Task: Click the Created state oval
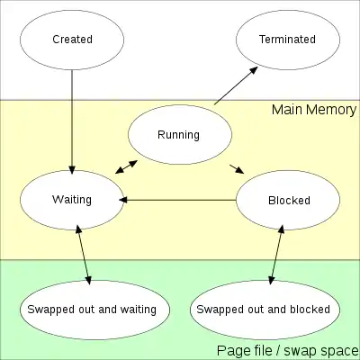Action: pos(72,40)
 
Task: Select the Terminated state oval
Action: pos(288,40)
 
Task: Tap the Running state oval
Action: pos(180,134)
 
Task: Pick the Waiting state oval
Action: pos(72,200)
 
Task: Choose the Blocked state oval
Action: pos(288,200)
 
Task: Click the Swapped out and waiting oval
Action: pos(94,310)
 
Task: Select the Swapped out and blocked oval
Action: pos(265,310)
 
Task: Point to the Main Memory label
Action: pos(314,110)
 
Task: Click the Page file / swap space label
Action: pos(288,350)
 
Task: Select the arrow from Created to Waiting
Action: pos(72,121)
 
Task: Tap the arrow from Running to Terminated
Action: pos(236,85)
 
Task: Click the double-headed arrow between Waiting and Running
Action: pos(127,167)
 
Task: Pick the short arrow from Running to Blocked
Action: pos(237,169)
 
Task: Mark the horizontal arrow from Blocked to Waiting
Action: pos(177,200)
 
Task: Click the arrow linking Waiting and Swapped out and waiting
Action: pos(84,255)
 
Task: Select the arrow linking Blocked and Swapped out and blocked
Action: pos(276,255)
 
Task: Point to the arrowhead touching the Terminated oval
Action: pos(254,70)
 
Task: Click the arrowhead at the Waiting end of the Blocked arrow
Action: pos(123,200)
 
